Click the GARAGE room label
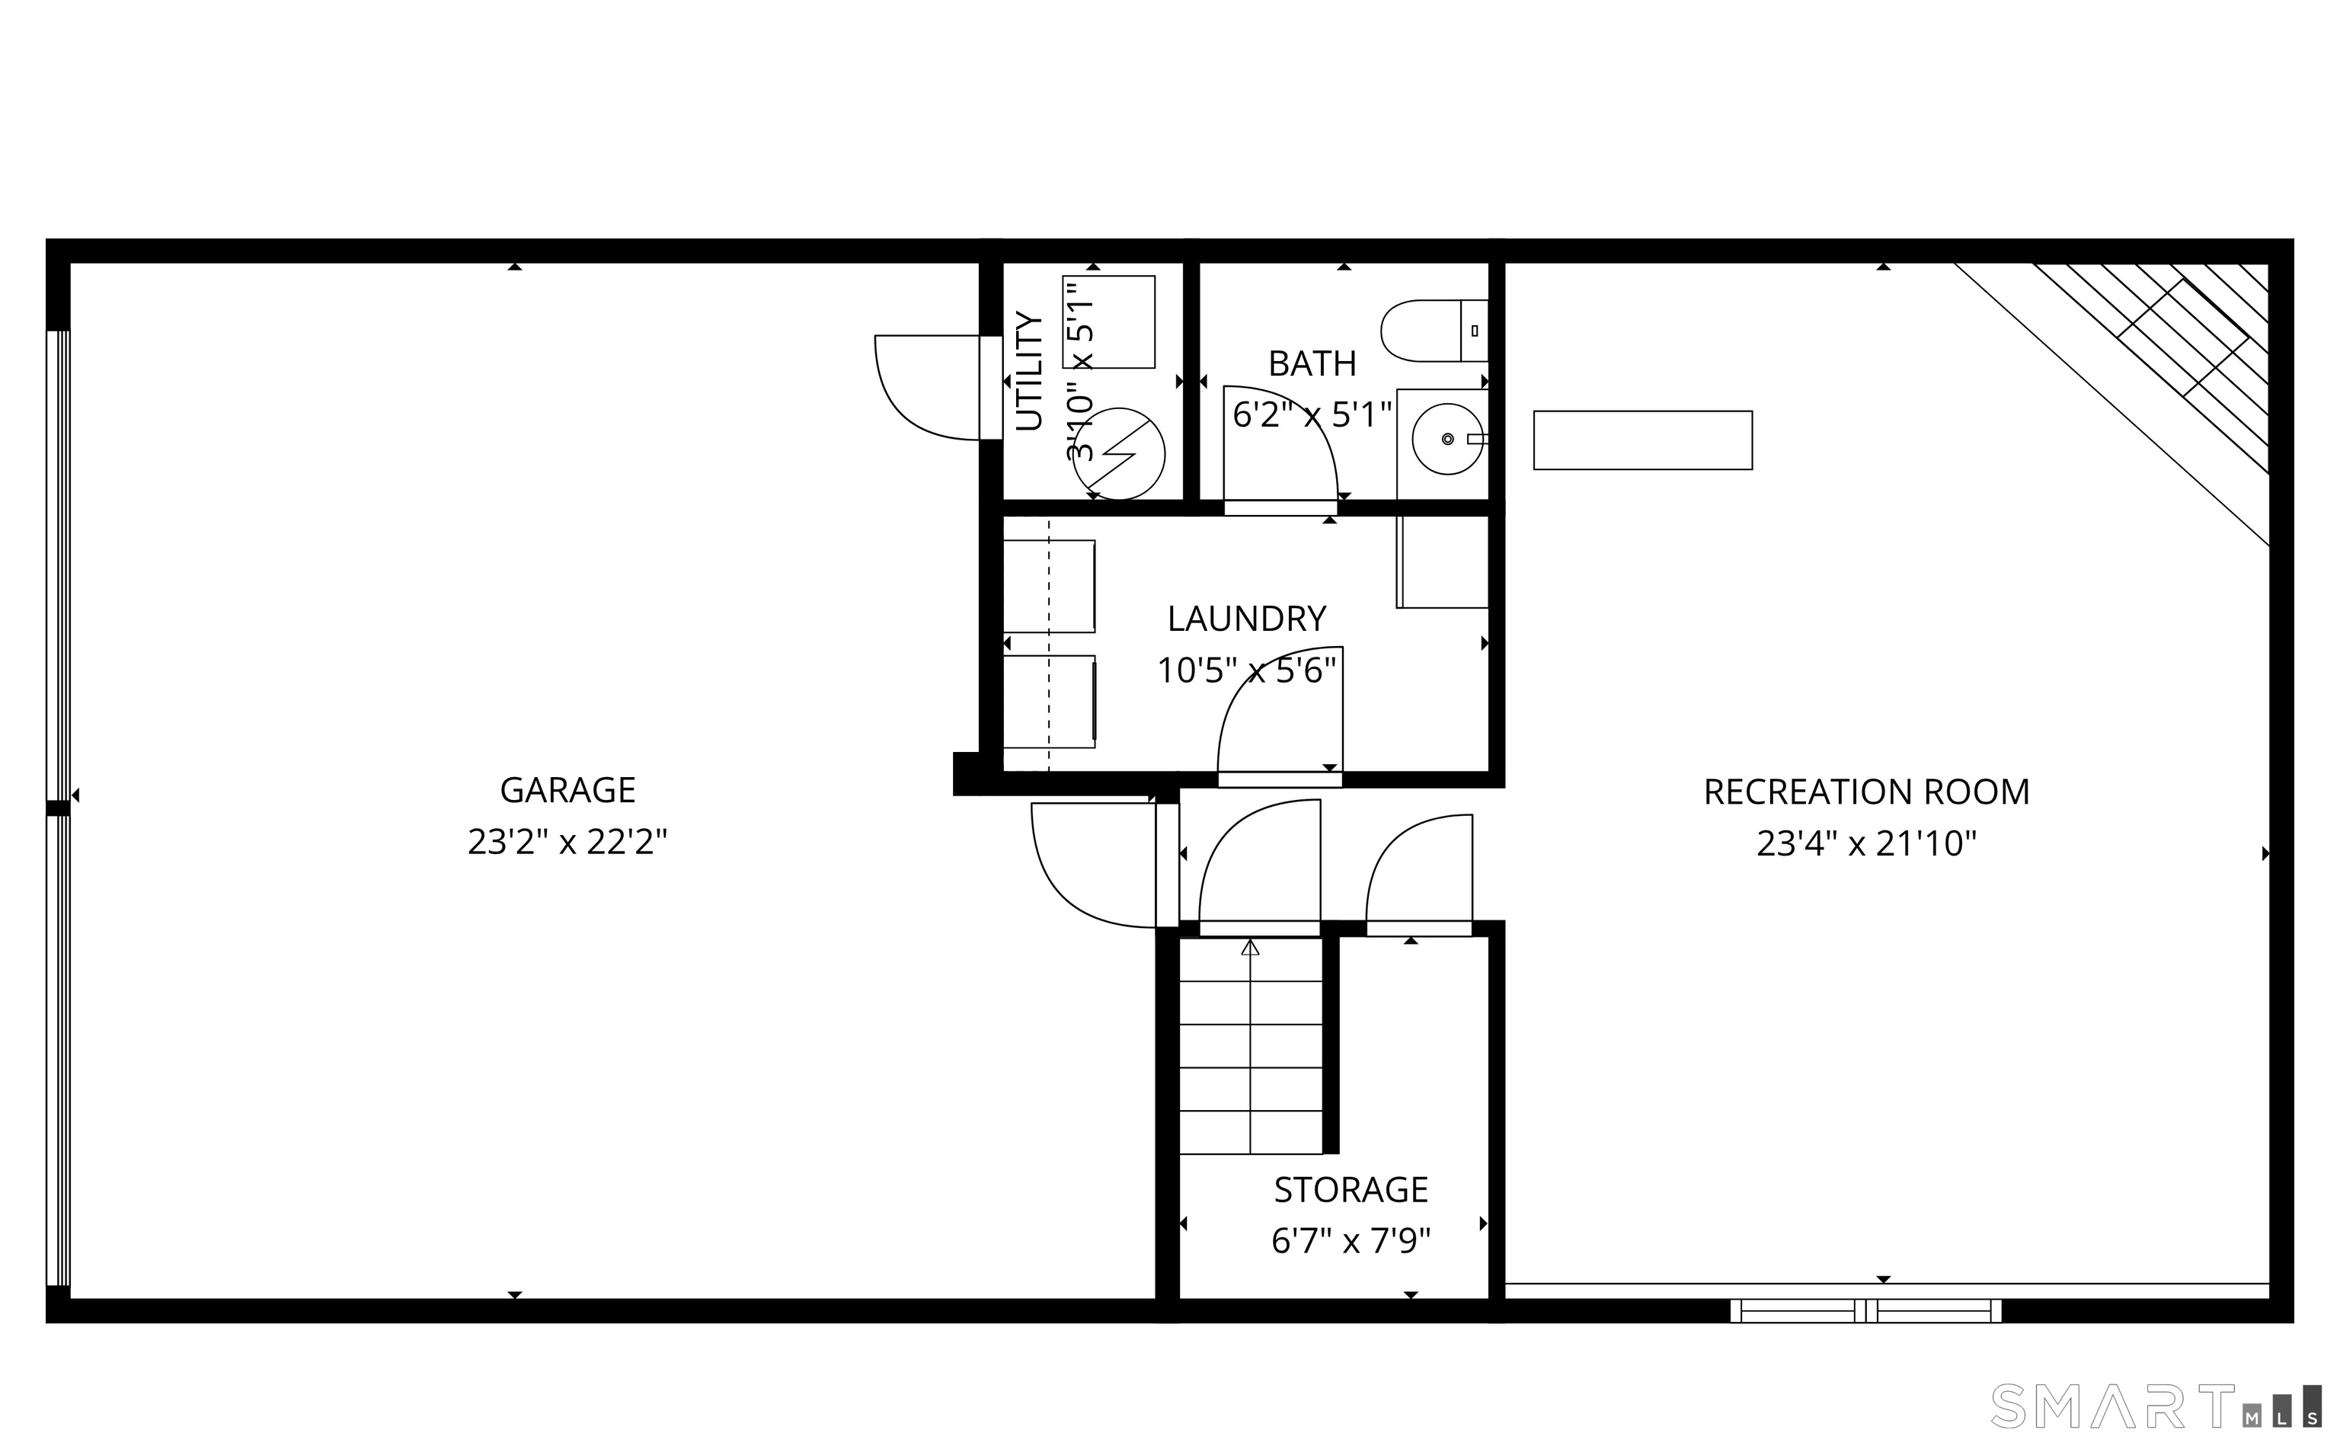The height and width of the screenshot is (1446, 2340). [x=567, y=790]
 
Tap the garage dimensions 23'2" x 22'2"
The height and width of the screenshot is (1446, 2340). [x=567, y=842]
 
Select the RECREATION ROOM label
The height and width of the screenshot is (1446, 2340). [x=1866, y=792]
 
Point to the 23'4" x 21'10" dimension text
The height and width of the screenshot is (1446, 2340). [x=1866, y=843]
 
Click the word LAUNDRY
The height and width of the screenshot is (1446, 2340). [x=1246, y=619]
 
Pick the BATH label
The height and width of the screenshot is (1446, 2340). [x=1312, y=363]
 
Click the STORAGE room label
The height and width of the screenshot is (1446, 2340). [x=1351, y=1190]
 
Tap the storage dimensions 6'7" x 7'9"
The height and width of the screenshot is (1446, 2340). [x=1351, y=1240]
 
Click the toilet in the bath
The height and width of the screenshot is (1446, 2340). [x=1434, y=331]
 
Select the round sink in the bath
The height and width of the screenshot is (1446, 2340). [x=1447, y=439]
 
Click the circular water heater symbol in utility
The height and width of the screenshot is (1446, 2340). [x=1117, y=453]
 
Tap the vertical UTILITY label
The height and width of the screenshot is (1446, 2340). [x=1028, y=371]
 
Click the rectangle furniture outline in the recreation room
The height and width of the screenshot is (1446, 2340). [x=1642, y=440]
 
